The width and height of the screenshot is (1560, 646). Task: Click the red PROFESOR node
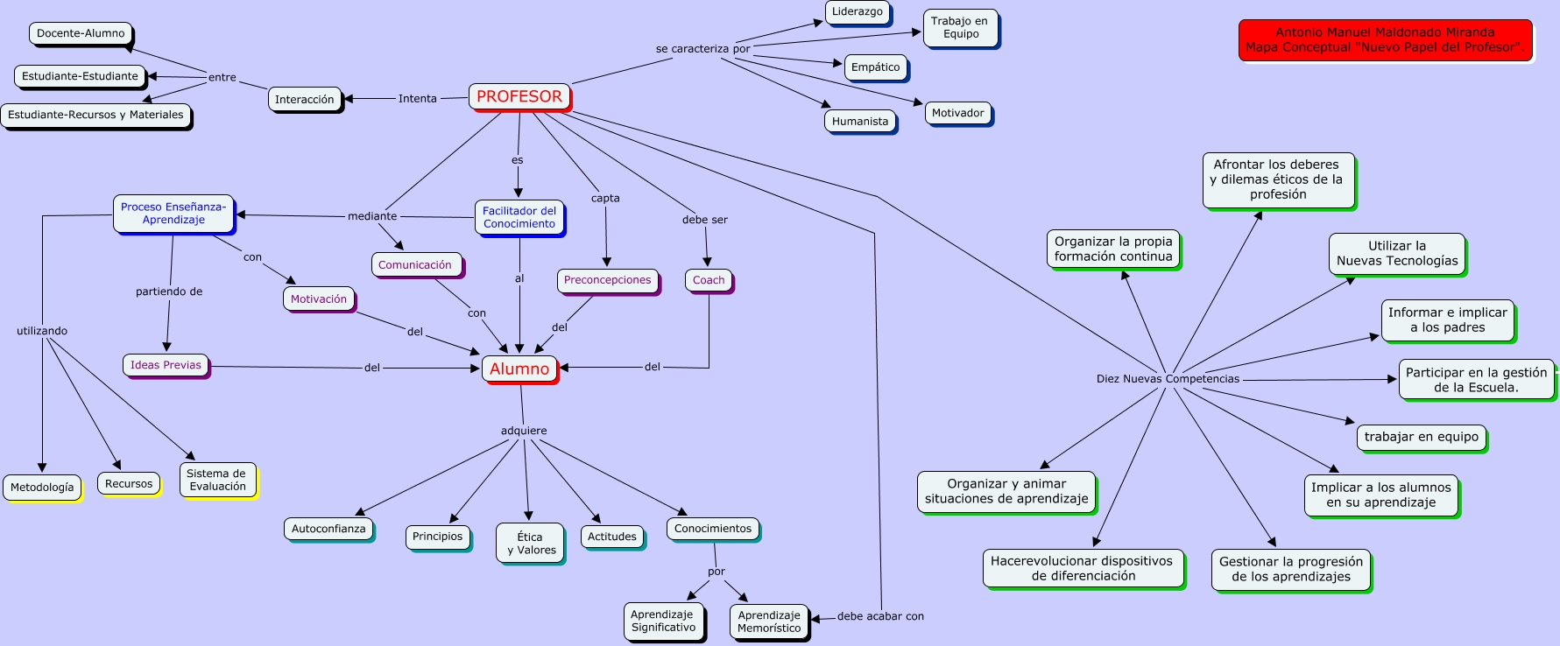point(519,97)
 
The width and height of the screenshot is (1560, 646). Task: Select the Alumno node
point(519,369)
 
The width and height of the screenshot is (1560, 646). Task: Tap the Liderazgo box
point(858,12)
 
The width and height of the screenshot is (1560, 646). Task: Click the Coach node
point(709,281)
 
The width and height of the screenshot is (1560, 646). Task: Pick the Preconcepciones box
point(608,281)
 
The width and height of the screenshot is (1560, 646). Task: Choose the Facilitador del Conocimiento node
point(519,218)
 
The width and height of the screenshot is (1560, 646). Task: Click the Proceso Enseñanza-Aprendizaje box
point(173,214)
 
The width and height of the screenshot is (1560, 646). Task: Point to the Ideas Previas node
point(166,366)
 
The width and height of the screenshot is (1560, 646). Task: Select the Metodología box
point(42,488)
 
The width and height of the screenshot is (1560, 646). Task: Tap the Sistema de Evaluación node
point(218,481)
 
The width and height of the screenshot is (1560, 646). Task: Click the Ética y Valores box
point(530,544)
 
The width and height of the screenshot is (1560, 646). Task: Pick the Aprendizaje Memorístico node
point(769,621)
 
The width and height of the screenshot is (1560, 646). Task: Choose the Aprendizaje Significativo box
point(663,621)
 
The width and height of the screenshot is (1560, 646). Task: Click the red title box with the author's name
point(1386,40)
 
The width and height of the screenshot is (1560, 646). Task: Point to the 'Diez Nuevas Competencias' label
point(1168,379)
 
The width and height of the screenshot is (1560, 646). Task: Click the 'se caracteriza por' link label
point(702,49)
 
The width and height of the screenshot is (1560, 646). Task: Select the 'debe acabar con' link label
point(880,616)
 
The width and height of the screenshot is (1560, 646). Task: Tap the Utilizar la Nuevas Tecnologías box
point(1397,254)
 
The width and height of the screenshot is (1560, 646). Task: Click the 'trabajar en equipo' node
point(1421,438)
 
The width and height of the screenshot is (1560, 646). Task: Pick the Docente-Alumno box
point(81,34)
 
